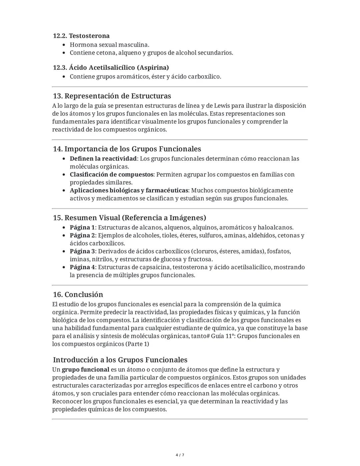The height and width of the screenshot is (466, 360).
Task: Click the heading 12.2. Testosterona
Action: click(x=81, y=36)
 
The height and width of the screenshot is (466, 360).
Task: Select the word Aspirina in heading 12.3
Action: click(x=153, y=68)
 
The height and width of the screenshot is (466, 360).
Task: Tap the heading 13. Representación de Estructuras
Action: click(x=112, y=96)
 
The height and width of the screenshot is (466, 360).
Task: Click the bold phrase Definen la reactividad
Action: click(x=103, y=158)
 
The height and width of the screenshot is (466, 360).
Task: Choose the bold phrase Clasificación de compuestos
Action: click(x=111, y=174)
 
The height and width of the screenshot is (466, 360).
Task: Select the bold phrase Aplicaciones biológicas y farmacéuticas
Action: click(x=129, y=190)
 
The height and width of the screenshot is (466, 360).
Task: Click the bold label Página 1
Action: click(x=82, y=227)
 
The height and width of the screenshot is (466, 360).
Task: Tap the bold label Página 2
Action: click(x=82, y=236)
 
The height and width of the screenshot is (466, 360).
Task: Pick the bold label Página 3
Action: click(x=82, y=251)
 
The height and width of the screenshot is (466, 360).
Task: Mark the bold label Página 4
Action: click(x=82, y=267)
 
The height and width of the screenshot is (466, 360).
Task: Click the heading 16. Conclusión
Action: click(x=78, y=295)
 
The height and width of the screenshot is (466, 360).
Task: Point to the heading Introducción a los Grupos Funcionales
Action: click(x=120, y=360)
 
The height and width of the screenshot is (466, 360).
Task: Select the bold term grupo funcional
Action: click(x=85, y=370)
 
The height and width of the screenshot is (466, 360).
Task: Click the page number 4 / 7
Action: click(x=180, y=455)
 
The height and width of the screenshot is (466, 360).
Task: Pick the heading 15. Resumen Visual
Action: click(x=129, y=218)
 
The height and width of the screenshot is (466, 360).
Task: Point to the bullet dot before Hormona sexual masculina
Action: click(x=64, y=45)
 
